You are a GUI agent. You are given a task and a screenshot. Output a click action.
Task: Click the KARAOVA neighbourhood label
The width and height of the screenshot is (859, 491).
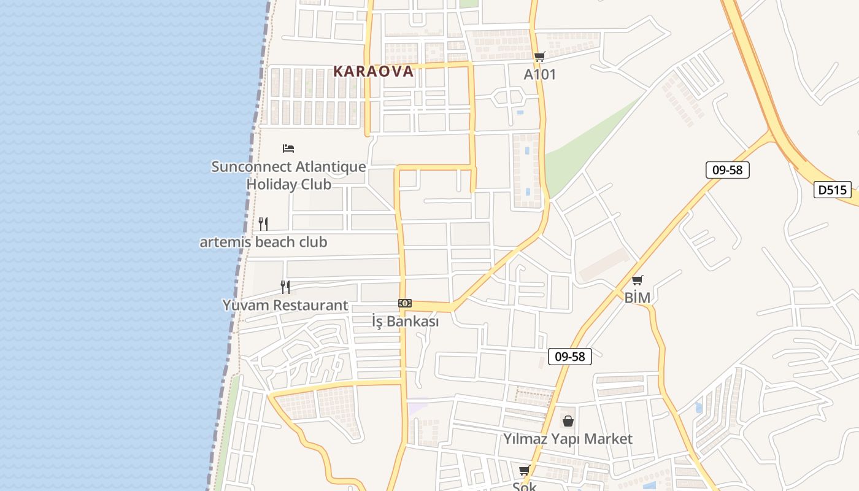pyautogui.click(x=374, y=71)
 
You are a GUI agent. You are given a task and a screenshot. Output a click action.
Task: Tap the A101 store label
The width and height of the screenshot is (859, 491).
pyautogui.click(x=540, y=74)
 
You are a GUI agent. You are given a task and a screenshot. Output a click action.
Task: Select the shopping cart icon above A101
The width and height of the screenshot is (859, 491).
pyautogui.click(x=539, y=57)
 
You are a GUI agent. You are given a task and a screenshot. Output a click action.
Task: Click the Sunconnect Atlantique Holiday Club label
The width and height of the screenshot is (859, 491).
pyautogui.click(x=288, y=175)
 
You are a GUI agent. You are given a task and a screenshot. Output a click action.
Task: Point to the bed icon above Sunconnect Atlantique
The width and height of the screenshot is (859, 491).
pyautogui.click(x=288, y=148)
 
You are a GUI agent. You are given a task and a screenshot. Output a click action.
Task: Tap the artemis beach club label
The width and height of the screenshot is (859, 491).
pyautogui.click(x=263, y=242)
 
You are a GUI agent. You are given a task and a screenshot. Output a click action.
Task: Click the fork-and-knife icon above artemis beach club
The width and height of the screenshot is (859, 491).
pyautogui.click(x=263, y=223)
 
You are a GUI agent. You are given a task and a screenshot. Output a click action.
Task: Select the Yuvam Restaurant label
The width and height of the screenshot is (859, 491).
pyautogui.click(x=285, y=305)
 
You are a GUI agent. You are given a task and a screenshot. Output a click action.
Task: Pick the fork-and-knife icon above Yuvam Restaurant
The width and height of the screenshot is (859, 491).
pyautogui.click(x=285, y=287)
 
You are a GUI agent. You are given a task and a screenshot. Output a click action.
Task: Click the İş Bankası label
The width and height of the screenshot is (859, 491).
pyautogui.click(x=405, y=321)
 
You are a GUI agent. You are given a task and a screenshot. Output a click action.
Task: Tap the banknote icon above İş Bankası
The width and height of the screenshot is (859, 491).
pyautogui.click(x=405, y=303)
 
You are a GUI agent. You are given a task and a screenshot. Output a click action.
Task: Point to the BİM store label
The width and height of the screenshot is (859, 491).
pyautogui.click(x=638, y=298)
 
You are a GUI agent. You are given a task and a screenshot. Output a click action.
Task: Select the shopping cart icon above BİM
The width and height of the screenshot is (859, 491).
pyautogui.click(x=638, y=280)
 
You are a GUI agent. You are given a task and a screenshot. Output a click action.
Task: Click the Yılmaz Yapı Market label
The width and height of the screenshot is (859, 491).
pyautogui.click(x=568, y=439)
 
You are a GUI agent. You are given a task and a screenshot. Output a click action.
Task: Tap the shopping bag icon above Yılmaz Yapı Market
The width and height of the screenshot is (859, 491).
pyautogui.click(x=568, y=421)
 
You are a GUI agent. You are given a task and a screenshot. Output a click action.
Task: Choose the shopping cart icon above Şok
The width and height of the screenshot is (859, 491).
pyautogui.click(x=524, y=471)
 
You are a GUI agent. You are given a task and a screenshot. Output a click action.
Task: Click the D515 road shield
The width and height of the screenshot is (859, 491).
pyautogui.click(x=833, y=190)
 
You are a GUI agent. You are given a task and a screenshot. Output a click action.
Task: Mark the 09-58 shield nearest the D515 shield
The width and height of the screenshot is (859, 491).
pyautogui.click(x=728, y=170)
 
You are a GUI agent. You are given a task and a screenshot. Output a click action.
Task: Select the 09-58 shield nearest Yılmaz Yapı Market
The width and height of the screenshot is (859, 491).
pyautogui.click(x=570, y=356)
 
